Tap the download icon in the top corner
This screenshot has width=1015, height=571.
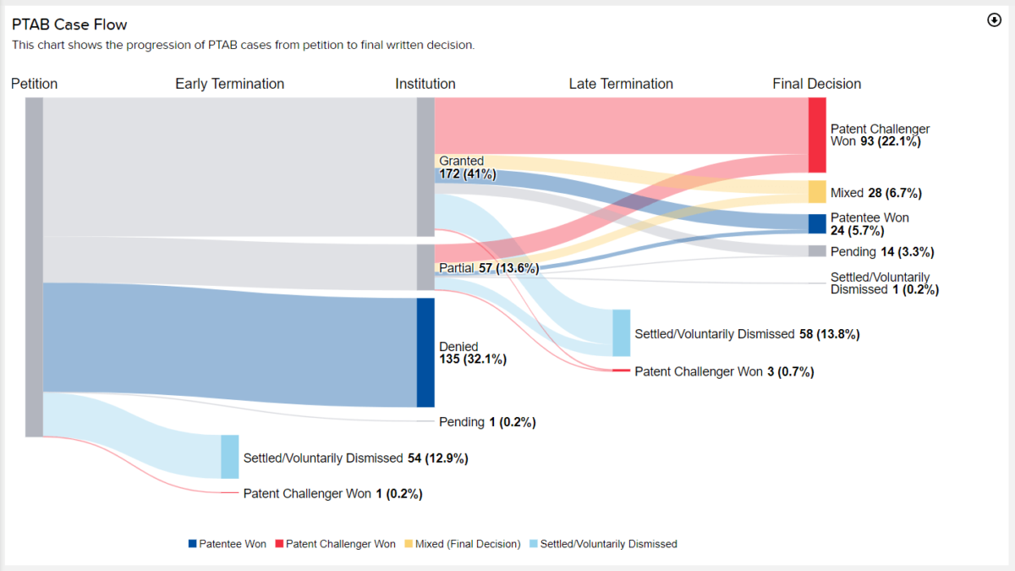coord(994,20)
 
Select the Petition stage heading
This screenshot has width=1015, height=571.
coord(35,84)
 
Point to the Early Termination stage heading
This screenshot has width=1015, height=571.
coord(229,84)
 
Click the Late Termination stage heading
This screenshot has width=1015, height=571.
coord(621,84)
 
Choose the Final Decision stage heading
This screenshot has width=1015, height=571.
coord(816,84)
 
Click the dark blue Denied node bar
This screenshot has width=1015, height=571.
coord(425,352)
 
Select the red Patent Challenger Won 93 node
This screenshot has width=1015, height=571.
coord(817,135)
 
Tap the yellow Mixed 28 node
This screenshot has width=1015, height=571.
coord(817,192)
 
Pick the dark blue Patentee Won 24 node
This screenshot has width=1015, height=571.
coord(817,223)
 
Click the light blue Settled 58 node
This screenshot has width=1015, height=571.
coord(622,333)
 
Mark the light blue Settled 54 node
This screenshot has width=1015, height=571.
coord(230,457)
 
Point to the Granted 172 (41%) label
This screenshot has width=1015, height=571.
coord(467,167)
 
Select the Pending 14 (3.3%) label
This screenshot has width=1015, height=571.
coord(881,252)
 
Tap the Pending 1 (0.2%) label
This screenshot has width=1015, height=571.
coord(487,421)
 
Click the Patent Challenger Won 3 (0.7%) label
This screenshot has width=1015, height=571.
coord(724,371)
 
